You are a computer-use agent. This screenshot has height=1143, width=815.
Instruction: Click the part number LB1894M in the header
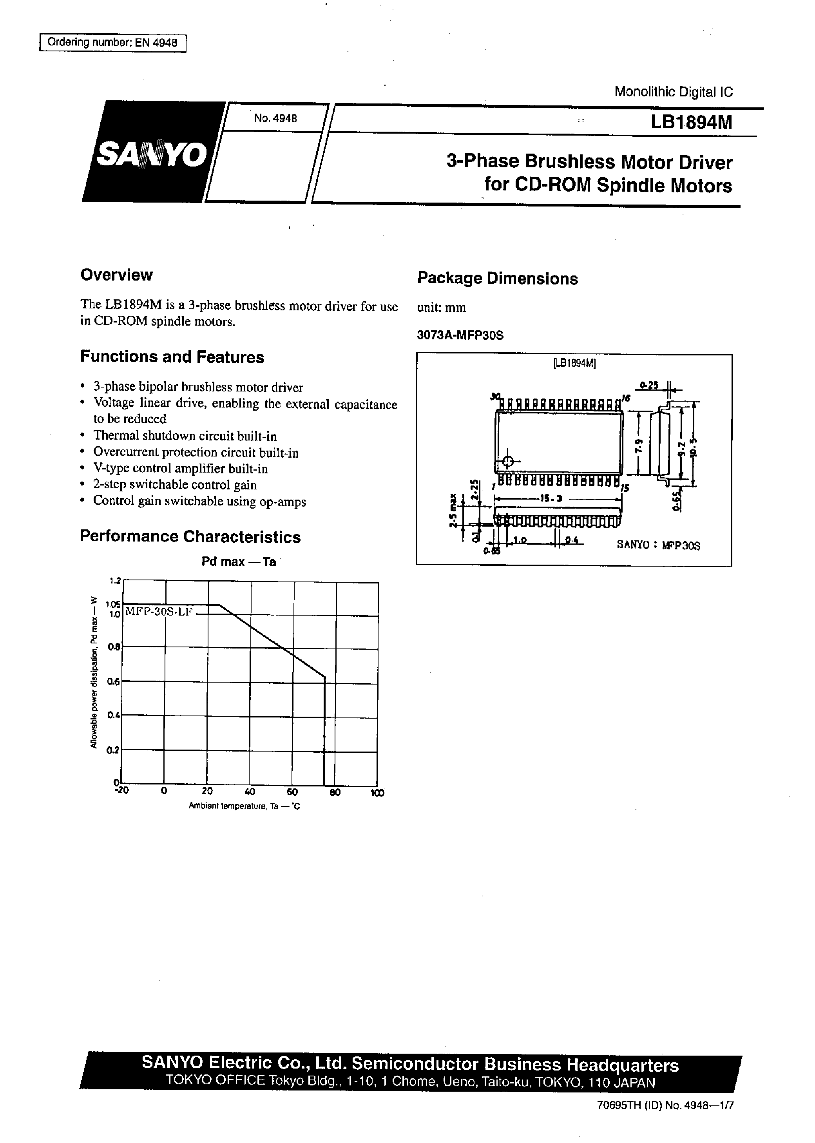coord(691,122)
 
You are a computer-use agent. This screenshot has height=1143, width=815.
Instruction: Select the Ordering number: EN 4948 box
coord(112,43)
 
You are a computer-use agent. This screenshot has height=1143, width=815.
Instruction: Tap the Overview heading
coord(116,275)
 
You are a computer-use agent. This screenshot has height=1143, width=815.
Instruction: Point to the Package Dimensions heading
coord(497,279)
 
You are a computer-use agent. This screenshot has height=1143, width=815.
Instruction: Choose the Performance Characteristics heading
coord(190,536)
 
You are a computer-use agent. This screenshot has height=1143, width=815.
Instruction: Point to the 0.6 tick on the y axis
coord(113,681)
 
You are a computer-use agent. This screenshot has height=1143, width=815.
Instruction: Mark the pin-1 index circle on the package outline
coord(508,461)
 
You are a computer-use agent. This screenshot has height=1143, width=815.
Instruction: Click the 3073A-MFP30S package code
coord(460,335)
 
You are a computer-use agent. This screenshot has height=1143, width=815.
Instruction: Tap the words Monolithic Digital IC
coord(674,92)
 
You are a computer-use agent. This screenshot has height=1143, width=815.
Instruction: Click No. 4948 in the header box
coord(275,118)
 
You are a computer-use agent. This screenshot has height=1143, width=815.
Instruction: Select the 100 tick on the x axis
coord(377,793)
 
